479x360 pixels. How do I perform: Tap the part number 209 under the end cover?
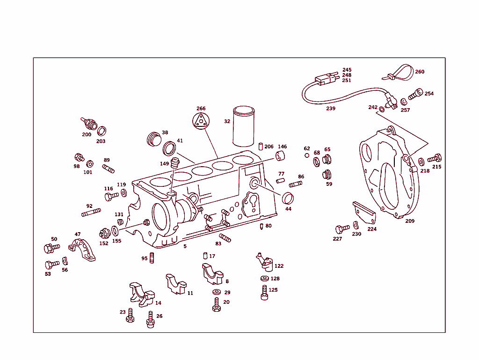click(x=410, y=221)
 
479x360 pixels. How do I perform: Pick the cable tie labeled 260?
click(x=399, y=73)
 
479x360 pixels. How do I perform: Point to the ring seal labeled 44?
click(x=288, y=198)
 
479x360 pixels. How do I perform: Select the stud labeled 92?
click(x=91, y=213)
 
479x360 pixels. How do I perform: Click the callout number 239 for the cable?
click(x=331, y=109)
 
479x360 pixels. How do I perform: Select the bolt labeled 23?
click(x=131, y=316)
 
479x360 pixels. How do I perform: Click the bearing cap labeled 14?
click(x=141, y=294)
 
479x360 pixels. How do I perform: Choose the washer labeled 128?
click(x=265, y=279)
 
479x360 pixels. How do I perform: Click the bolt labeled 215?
click(x=435, y=158)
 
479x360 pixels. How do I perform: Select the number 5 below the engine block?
click(x=185, y=246)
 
